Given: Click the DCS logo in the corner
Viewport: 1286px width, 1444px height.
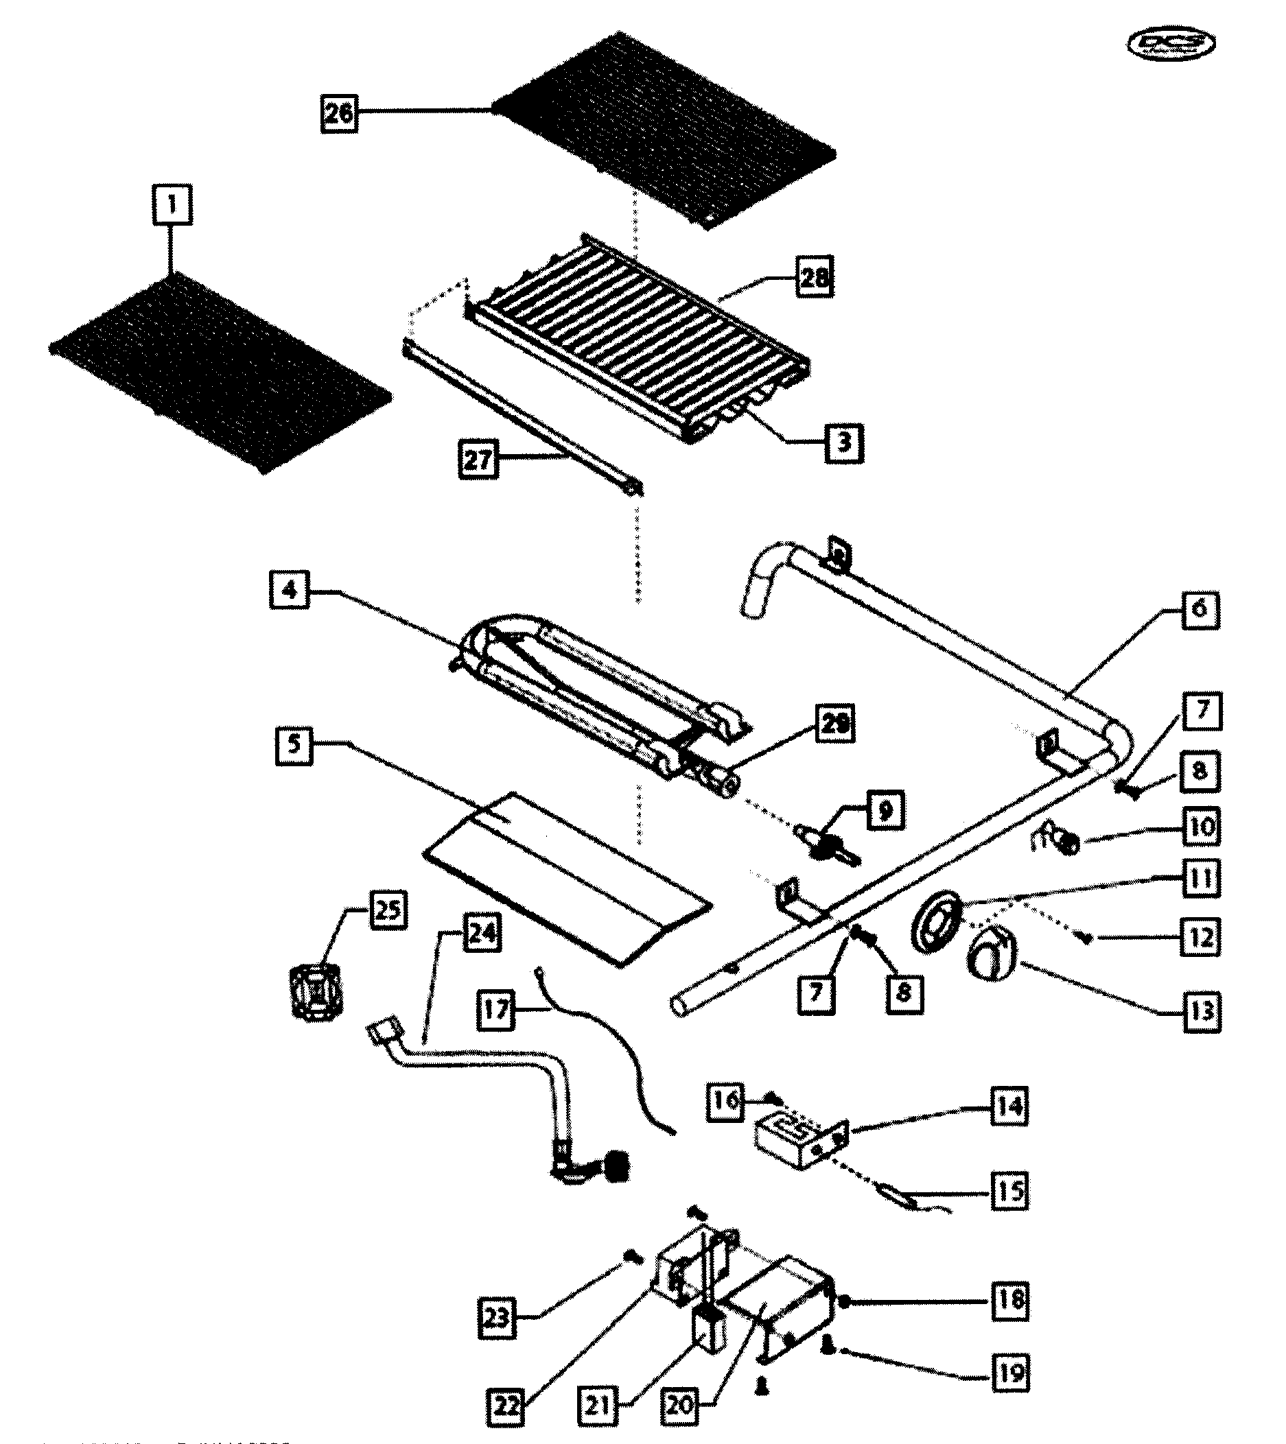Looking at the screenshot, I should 1170,44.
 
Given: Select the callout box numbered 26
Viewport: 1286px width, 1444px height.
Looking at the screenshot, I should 338,113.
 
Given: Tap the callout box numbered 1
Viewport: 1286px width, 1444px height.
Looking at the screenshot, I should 172,205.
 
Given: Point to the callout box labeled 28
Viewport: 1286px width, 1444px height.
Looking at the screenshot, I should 814,278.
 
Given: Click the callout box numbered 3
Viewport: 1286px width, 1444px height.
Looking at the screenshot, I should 843,442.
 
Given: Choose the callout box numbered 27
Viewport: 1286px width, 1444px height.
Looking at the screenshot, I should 478,459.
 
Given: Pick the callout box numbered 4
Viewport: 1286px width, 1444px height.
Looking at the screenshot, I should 290,589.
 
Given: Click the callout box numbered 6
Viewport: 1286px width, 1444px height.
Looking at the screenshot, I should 1200,608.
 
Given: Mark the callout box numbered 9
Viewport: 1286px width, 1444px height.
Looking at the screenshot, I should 885,810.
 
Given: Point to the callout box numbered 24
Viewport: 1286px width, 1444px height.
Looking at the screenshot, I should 482,933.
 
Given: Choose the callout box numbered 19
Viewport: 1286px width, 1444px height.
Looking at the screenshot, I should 1010,1373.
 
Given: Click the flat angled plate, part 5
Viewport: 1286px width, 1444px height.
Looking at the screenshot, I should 565,876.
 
